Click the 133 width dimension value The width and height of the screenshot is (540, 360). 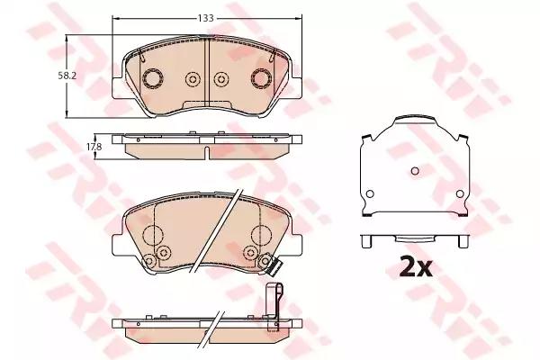pos(207,16)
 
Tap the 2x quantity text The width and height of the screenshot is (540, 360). pos(415,265)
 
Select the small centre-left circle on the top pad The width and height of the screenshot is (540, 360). pos(192,80)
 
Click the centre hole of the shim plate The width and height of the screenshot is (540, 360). pos(415,171)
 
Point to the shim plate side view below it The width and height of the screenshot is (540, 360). pos(415,241)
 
